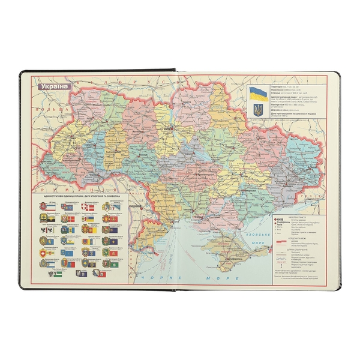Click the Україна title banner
pos(53,86)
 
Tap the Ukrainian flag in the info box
pos(258,93)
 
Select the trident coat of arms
pos(258,109)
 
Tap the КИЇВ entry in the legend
pos(281,220)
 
